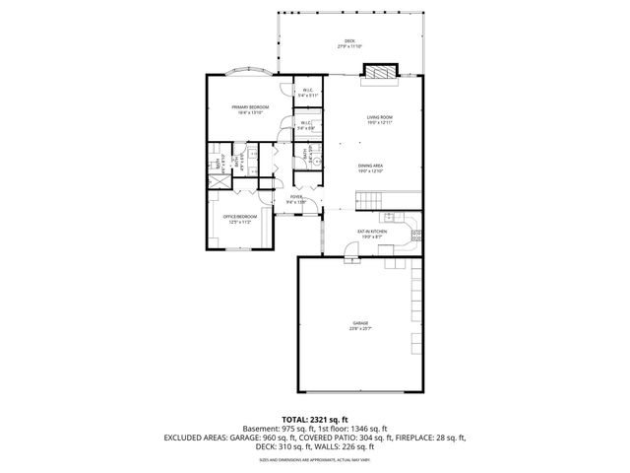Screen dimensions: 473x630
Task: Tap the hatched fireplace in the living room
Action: click(x=379, y=70)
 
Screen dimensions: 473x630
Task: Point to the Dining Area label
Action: click(x=370, y=169)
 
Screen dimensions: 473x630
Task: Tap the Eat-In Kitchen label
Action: click(x=373, y=234)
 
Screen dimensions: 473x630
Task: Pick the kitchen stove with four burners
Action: click(x=416, y=236)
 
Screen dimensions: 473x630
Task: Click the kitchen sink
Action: click(x=390, y=216)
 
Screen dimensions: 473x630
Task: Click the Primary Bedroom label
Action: click(x=250, y=109)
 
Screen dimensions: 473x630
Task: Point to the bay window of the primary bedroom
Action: click(x=249, y=73)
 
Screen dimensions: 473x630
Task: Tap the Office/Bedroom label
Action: click(x=240, y=219)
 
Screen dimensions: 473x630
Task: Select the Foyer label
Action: click(x=296, y=199)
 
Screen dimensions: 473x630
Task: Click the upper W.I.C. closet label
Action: click(x=307, y=93)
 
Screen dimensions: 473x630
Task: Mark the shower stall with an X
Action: click(x=216, y=183)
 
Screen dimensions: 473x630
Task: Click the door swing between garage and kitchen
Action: click(x=351, y=260)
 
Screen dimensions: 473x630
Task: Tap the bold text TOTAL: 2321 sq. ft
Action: click(x=314, y=419)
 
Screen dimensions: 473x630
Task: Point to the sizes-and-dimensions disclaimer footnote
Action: click(x=314, y=459)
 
